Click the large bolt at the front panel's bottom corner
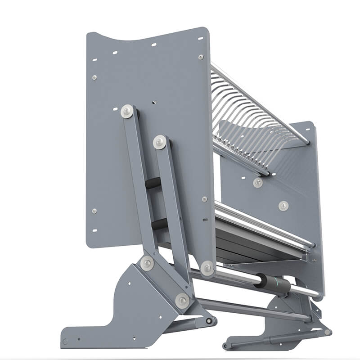[x=207, y=268]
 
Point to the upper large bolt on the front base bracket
[x=147, y=263]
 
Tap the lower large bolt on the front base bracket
[x=182, y=301]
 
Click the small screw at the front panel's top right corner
[x=201, y=57]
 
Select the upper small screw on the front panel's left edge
[x=94, y=77]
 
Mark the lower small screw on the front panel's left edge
[x=94, y=211]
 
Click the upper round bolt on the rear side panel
[x=258, y=182]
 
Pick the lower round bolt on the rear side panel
[x=283, y=206]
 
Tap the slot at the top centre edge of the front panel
[x=153, y=45]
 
